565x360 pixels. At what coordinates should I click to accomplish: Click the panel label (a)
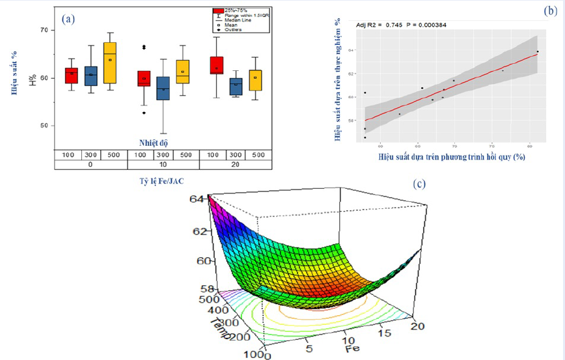tap(68, 18)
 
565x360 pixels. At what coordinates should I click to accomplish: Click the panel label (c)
tap(419, 184)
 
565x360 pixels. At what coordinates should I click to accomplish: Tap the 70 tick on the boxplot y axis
tap(44, 30)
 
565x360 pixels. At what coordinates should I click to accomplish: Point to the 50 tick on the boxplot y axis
tap(44, 126)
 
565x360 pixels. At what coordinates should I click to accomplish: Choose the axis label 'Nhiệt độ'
tap(155, 142)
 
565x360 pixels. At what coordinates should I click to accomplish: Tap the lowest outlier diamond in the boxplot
tap(144, 113)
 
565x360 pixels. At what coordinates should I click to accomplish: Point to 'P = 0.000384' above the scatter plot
tap(423, 25)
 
